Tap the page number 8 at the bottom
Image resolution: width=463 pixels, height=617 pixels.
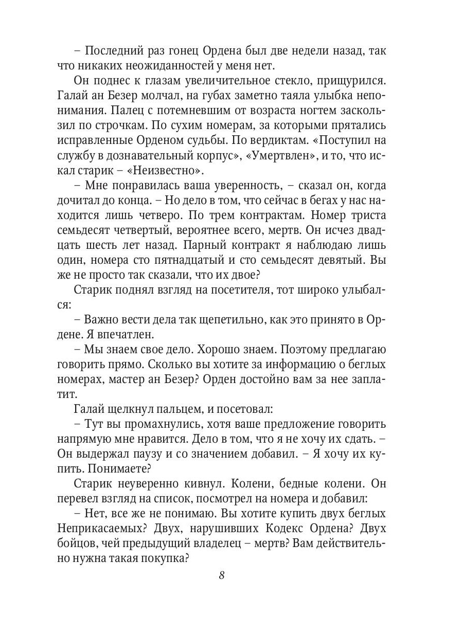222,589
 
